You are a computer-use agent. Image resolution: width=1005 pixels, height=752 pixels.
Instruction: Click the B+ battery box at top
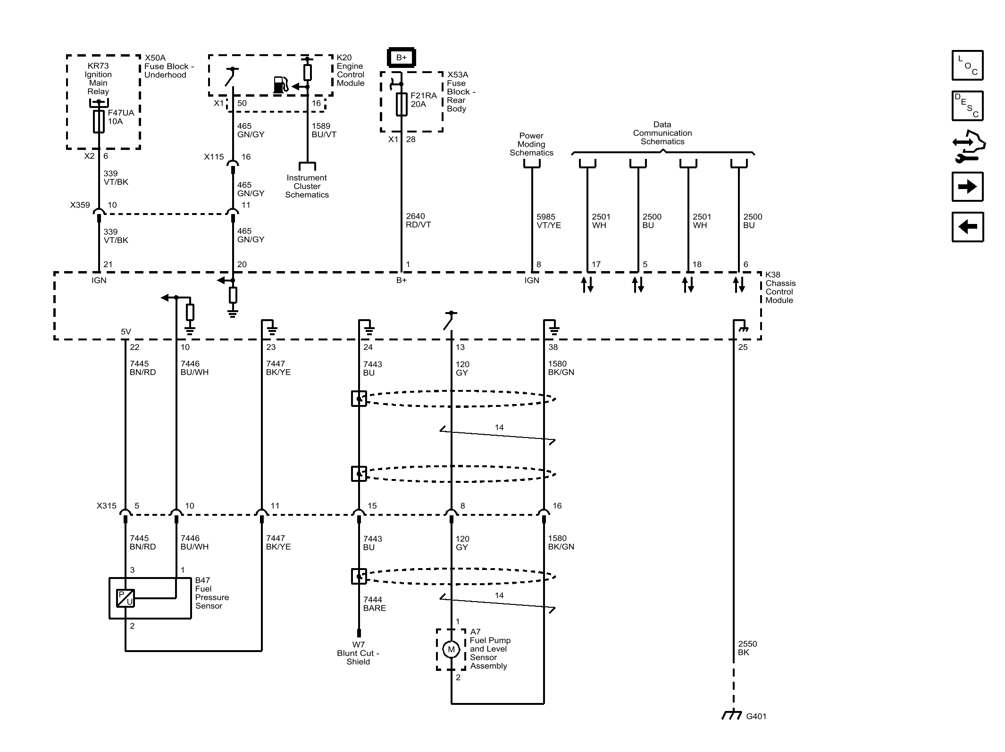pyautogui.click(x=401, y=58)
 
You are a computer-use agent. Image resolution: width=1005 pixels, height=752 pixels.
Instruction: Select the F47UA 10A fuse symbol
pyautogui.click(x=99, y=122)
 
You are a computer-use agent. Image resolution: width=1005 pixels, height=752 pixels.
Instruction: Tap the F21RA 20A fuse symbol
pyautogui.click(x=402, y=104)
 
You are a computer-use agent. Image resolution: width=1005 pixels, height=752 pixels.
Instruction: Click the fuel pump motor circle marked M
pyautogui.click(x=451, y=650)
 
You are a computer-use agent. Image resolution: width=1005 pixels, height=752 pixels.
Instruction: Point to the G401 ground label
pyautogui.click(x=756, y=716)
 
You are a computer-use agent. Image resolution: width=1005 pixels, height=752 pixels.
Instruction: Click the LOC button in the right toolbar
pyautogui.click(x=967, y=65)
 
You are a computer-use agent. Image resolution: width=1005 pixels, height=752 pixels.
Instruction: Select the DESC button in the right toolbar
pyautogui.click(x=967, y=106)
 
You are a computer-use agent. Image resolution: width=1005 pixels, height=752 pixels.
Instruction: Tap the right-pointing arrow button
pyautogui.click(x=967, y=187)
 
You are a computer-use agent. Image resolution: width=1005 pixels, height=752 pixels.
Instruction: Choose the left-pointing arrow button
pyautogui.click(x=967, y=227)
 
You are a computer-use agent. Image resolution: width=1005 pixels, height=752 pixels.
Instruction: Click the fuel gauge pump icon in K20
pyautogui.click(x=280, y=85)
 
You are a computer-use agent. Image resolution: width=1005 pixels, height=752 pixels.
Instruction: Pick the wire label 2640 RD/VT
pyautogui.click(x=418, y=220)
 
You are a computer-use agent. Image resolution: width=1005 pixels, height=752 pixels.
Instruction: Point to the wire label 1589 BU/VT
pyautogui.click(x=324, y=130)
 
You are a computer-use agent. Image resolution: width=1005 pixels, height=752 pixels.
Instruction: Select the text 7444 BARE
pyautogui.click(x=375, y=604)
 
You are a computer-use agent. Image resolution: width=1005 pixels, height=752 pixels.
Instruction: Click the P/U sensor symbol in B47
pyautogui.click(x=126, y=598)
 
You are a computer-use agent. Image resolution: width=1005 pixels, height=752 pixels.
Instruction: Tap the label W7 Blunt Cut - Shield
pyautogui.click(x=358, y=653)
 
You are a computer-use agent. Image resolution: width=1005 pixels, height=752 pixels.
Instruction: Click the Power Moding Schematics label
pyautogui.click(x=531, y=144)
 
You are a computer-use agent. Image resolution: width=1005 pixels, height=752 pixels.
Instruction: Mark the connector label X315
pyautogui.click(x=107, y=506)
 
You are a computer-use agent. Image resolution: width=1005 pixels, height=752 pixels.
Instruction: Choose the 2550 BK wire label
pyautogui.click(x=747, y=648)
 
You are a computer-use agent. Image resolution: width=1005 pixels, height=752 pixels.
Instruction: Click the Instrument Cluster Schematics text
pyautogui.click(x=307, y=186)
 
